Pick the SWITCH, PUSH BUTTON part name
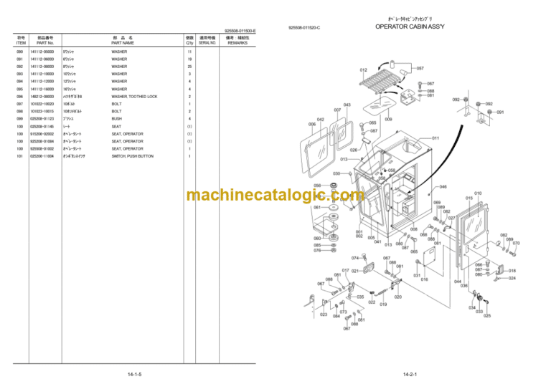133,156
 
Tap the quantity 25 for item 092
189,66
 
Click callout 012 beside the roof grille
364,70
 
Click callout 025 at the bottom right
487,315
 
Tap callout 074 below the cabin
355,257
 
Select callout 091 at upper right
500,112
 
